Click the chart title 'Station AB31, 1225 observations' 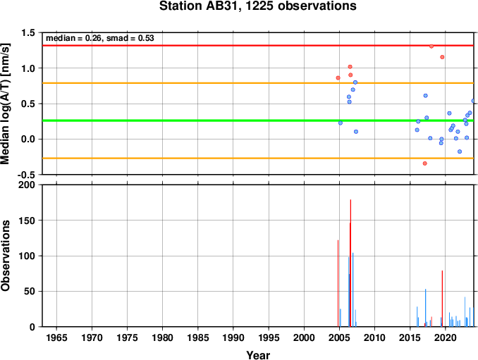pos(258,6)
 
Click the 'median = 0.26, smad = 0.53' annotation pos(100,38)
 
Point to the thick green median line pos(258,120)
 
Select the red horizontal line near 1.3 pos(258,45)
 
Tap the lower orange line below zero pos(258,158)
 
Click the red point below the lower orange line pos(425,163)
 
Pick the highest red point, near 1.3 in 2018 pos(431,46)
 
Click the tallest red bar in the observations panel pos(350,263)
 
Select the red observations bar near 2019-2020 pos(442,299)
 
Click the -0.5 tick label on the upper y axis pos(26,175)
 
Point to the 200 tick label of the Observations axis pos(27,185)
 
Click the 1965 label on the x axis pos(56,337)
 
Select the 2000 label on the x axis pos(304,337)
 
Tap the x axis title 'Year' pos(258,355)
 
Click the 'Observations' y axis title pos(6,256)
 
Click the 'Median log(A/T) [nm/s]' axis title pos(6,104)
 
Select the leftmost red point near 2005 pos(338,78)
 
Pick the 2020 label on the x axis pos(446,337)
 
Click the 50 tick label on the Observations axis pos(30,292)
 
